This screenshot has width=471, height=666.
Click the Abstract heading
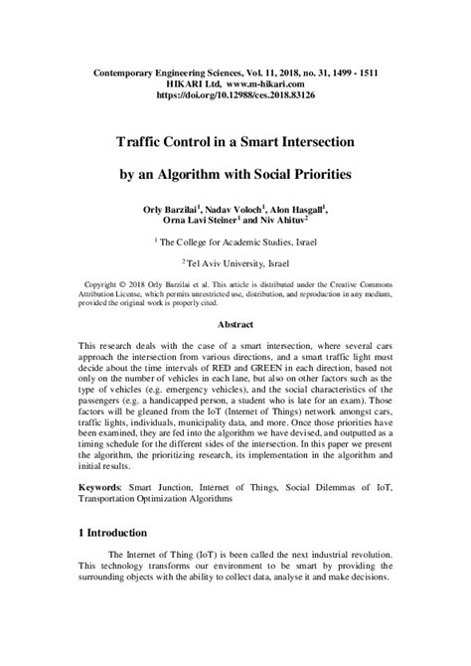235,325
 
